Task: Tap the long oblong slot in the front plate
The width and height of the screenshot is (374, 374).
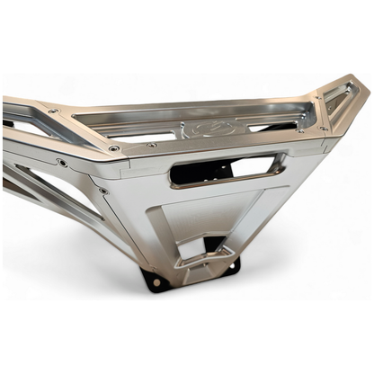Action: point(227,169)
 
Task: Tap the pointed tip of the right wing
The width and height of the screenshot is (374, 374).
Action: point(363,89)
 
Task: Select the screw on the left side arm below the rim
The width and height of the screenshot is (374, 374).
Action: point(61,163)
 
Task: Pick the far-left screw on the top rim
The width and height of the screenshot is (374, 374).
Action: point(54,111)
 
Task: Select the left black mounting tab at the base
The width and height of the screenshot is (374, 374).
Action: point(156,280)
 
